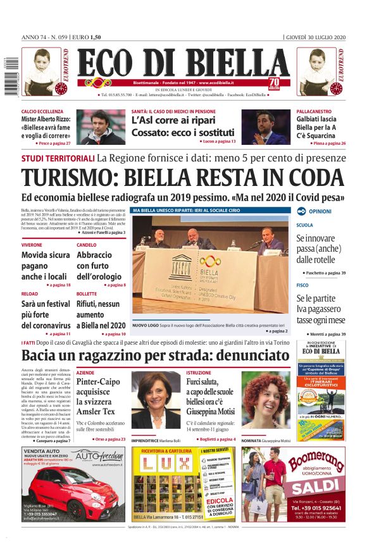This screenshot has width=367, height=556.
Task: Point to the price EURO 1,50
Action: pyautogui.click(x=86, y=37)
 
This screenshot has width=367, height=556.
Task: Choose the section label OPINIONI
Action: pyautogui.click(x=320, y=211)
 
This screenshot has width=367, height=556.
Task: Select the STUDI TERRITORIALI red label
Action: pyautogui.click(x=58, y=158)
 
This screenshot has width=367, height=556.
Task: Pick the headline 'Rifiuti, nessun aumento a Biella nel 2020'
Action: pyautogui.click(x=101, y=314)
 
